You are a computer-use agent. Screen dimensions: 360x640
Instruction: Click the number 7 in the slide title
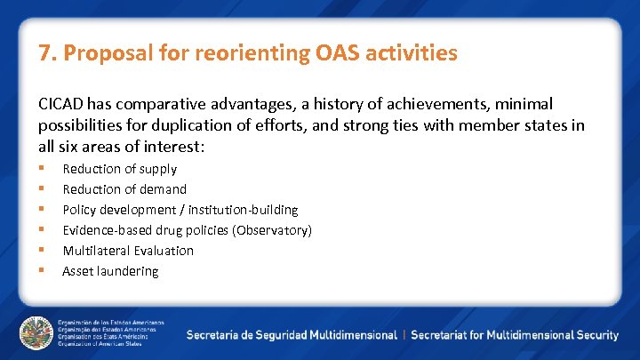44,53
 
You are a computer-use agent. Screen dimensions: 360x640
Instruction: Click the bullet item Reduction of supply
119,169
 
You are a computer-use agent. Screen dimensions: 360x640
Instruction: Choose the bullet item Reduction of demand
124,189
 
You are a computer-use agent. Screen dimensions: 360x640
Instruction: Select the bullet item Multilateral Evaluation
128,251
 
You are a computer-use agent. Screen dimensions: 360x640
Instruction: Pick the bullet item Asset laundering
110,271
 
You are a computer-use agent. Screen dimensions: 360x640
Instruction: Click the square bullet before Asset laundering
41,271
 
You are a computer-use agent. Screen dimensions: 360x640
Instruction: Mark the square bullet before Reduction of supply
41,169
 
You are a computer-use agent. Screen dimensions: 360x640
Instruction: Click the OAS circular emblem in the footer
36,333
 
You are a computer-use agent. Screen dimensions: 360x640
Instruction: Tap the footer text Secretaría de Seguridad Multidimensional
292,335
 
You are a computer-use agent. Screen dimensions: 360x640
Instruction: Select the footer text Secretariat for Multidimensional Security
515,335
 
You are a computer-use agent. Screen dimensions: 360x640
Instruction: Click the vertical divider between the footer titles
404,335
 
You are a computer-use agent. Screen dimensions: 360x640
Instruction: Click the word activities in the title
412,53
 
